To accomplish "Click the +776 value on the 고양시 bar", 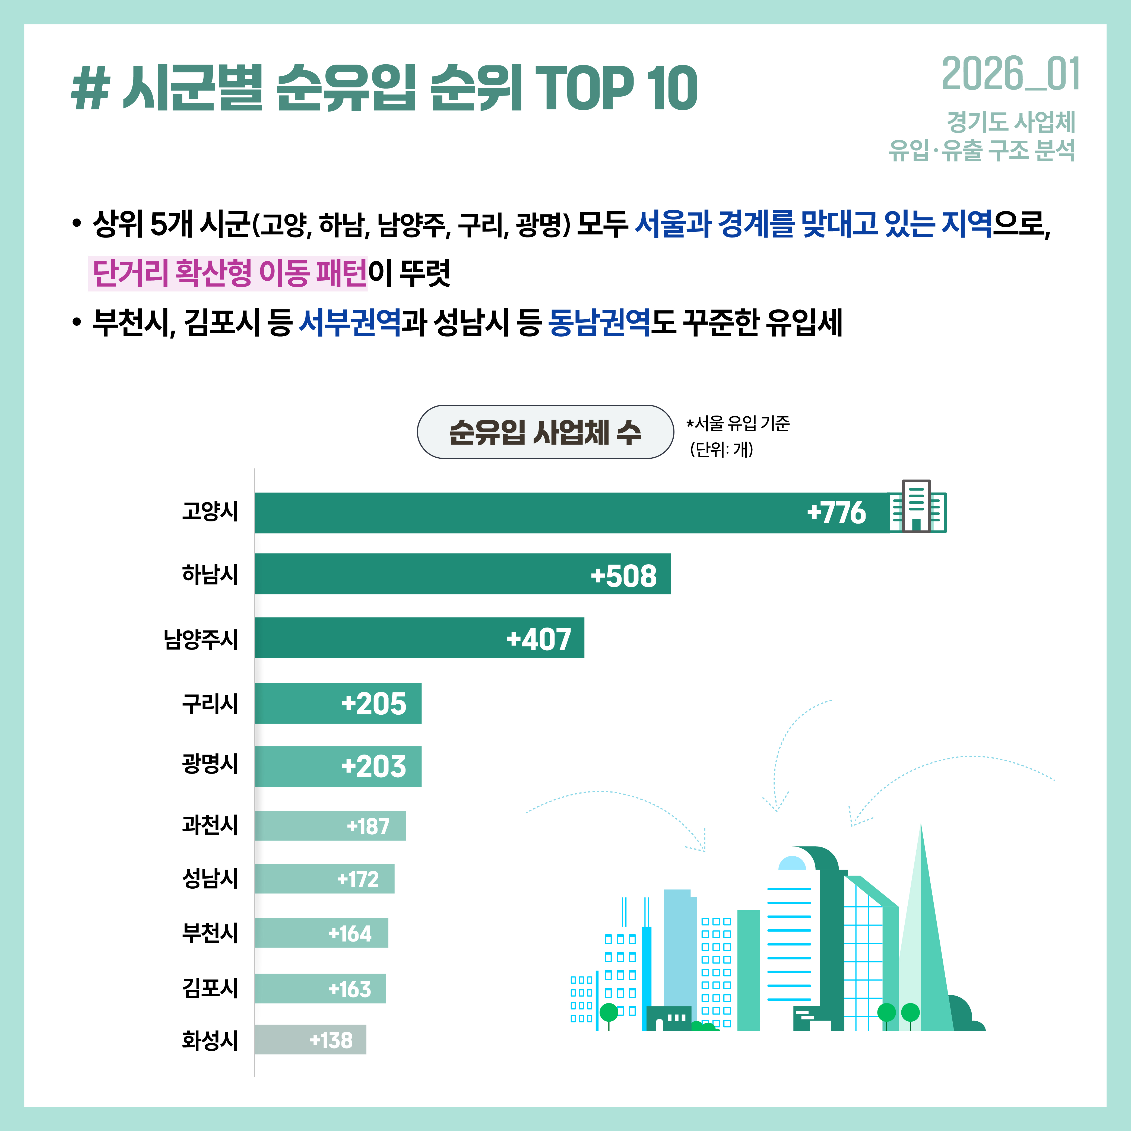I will pyautogui.click(x=836, y=513).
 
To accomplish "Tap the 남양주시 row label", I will pyautogui.click(x=201, y=639).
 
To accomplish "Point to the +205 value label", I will pyautogui.click(x=373, y=704).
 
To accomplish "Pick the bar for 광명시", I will pyautogui.click(x=338, y=766).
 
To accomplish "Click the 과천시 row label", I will pyautogui.click(x=210, y=825).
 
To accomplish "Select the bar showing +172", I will pyautogui.click(x=324, y=879).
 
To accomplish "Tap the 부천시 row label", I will pyautogui.click(x=210, y=933).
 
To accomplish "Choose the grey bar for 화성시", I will pyautogui.click(x=310, y=1040).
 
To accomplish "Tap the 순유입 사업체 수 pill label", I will pyautogui.click(x=545, y=432).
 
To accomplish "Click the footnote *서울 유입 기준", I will pyautogui.click(x=738, y=423).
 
